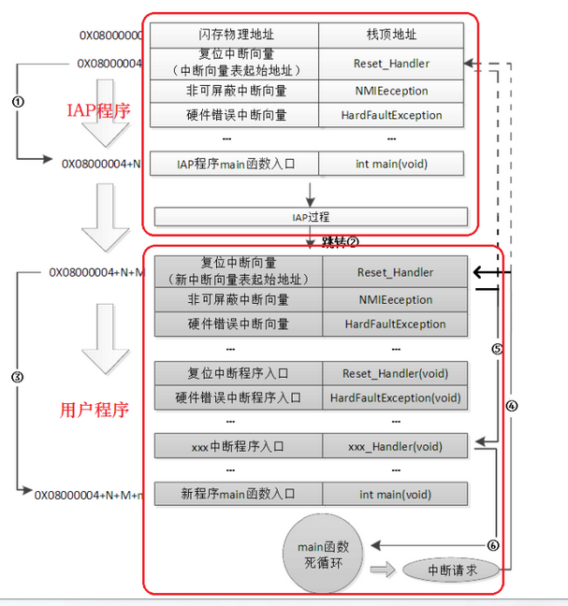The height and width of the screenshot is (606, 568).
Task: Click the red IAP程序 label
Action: (x=98, y=111)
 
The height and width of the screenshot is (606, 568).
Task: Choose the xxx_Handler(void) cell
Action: (x=395, y=447)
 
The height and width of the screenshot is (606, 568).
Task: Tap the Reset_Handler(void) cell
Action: (x=395, y=373)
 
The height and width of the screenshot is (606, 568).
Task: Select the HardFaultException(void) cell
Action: (x=395, y=397)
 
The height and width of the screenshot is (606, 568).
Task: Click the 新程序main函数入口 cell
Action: (x=238, y=493)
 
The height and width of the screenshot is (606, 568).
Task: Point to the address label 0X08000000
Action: (x=109, y=36)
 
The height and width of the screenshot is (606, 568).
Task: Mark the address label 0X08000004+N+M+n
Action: (x=89, y=493)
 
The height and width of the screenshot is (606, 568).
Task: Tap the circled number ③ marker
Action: (x=17, y=376)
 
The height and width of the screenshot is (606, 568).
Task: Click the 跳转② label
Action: (x=340, y=241)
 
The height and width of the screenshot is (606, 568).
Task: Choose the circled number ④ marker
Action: (x=511, y=406)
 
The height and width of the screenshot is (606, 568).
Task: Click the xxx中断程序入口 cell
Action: (x=238, y=447)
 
